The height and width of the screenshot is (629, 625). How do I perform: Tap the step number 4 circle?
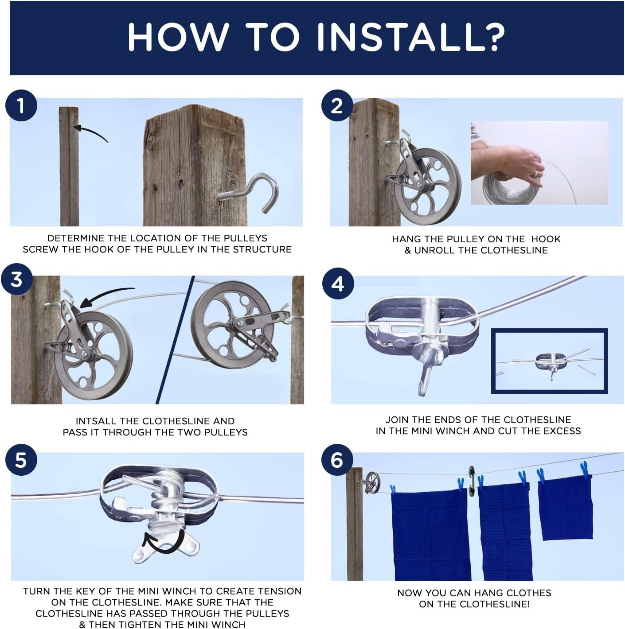(x=337, y=283)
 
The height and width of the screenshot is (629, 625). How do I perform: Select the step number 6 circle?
(x=336, y=460)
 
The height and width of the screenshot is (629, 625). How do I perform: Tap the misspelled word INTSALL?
(x=96, y=421)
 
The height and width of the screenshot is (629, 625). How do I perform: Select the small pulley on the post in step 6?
(x=372, y=480)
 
